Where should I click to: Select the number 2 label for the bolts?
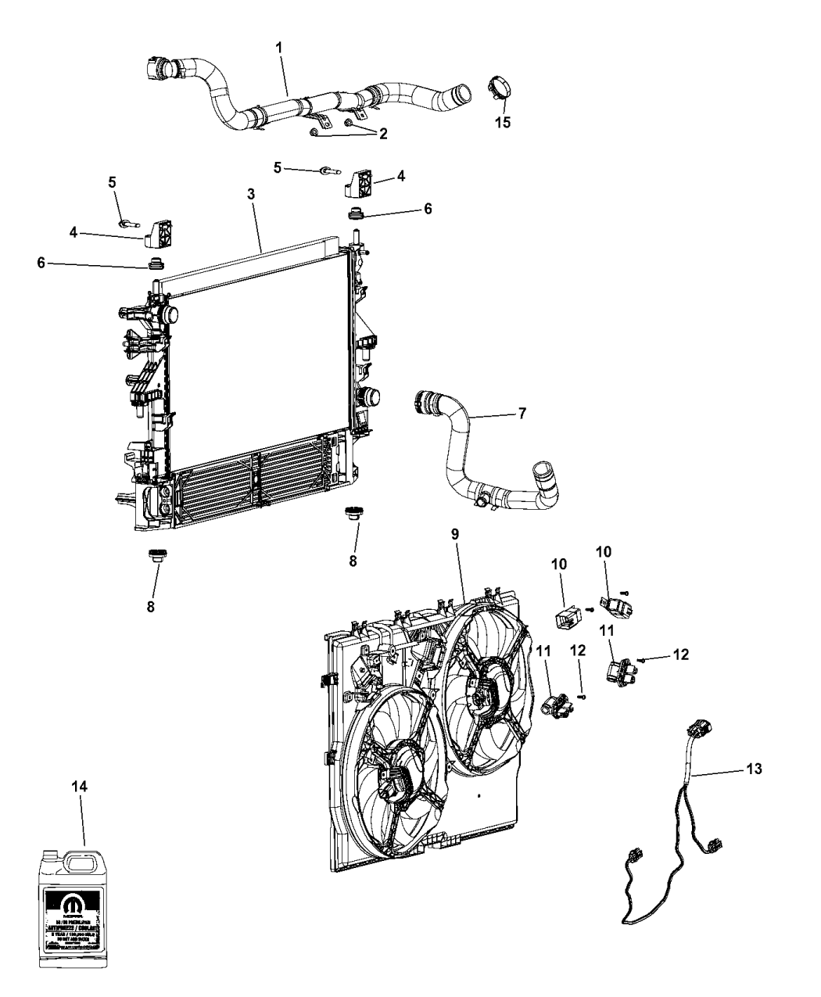pos(382,134)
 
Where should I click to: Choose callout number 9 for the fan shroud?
pos(456,534)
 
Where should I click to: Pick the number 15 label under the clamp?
pos(503,122)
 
